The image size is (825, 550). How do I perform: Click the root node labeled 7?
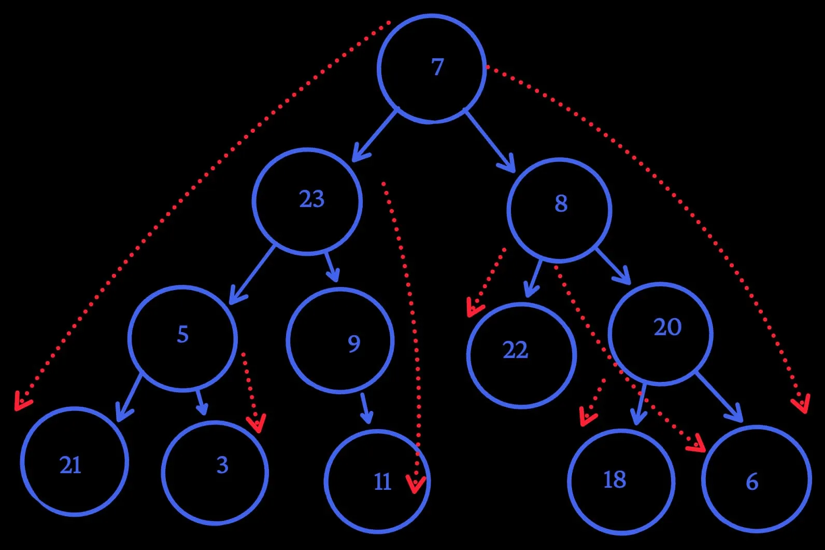click(x=431, y=68)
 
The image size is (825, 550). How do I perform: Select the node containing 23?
click(x=307, y=201)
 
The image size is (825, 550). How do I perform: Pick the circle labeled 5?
click(x=182, y=337)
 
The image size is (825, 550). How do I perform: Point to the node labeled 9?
click(x=340, y=341)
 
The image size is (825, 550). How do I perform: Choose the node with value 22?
click(x=521, y=355)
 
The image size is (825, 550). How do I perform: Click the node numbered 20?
click(x=660, y=334)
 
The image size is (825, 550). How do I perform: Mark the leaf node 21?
click(x=75, y=461)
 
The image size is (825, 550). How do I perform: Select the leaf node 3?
click(x=215, y=472)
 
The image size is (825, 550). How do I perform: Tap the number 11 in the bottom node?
click(x=382, y=482)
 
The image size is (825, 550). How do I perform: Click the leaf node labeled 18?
click(x=621, y=482)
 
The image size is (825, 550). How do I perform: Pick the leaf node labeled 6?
click(x=756, y=479)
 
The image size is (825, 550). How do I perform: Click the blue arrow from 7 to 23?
click(x=375, y=134)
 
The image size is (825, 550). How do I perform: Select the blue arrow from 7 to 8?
click(x=490, y=140)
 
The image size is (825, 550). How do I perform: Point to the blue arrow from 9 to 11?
click(x=366, y=408)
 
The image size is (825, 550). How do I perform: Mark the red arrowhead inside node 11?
click(x=416, y=484)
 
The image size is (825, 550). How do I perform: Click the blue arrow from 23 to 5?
click(x=252, y=274)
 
